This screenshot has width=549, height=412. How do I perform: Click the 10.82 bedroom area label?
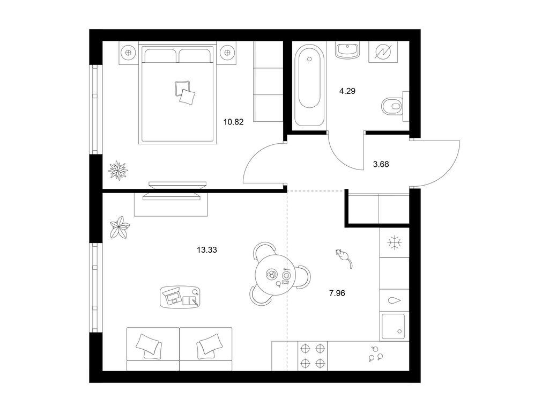[234, 122]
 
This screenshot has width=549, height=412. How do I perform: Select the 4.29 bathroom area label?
[347, 91]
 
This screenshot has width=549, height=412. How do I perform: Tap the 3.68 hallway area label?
[381, 164]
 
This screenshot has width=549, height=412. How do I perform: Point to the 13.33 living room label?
[207, 250]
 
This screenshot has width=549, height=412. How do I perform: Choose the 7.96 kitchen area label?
[337, 293]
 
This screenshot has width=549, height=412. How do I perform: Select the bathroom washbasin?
[347, 50]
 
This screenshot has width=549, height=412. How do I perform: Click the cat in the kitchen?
[344, 258]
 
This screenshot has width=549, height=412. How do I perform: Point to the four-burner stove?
[313, 356]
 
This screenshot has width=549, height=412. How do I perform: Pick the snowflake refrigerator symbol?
[395, 242]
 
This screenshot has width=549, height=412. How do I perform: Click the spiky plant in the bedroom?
[118, 170]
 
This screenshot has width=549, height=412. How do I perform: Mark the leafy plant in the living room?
[120, 227]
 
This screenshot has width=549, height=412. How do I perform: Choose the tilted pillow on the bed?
[187, 96]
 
